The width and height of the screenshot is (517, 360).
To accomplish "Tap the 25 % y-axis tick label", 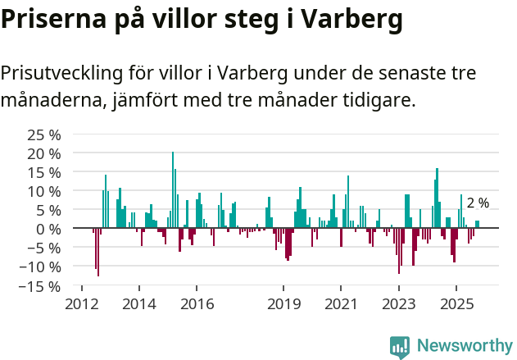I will pos(44,134).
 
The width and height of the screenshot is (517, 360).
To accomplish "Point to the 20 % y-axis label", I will pos(44,153).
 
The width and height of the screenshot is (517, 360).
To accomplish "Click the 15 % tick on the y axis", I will pos(44,172).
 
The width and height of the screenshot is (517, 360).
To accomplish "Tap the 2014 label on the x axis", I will pos(138,303).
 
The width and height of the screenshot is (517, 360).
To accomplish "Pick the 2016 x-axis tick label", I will pos(197,303).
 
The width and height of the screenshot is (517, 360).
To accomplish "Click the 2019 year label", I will pos(283,303).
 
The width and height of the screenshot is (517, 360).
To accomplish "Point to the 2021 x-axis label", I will pos(341,303).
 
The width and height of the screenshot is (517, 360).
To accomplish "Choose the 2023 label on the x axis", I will pos(399,303).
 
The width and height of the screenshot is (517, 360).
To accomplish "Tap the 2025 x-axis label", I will pos(456,303).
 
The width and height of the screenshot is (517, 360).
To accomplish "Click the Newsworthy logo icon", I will pos(400,347).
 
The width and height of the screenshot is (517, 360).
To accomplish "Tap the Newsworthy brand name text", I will pos(464,346).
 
